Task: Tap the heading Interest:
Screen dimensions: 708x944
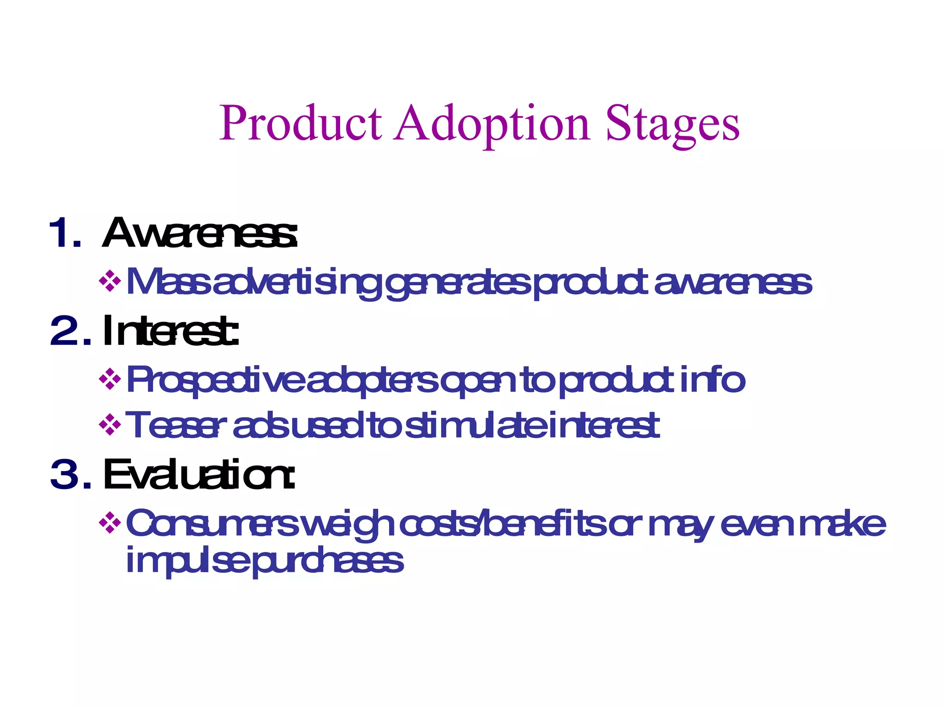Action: coord(171,330)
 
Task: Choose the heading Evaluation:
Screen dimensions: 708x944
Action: coord(199,474)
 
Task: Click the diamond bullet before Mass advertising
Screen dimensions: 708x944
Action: coord(110,281)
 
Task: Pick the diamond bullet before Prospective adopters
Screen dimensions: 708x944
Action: coord(110,379)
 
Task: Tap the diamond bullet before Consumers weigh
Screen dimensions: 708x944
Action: coord(110,523)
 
